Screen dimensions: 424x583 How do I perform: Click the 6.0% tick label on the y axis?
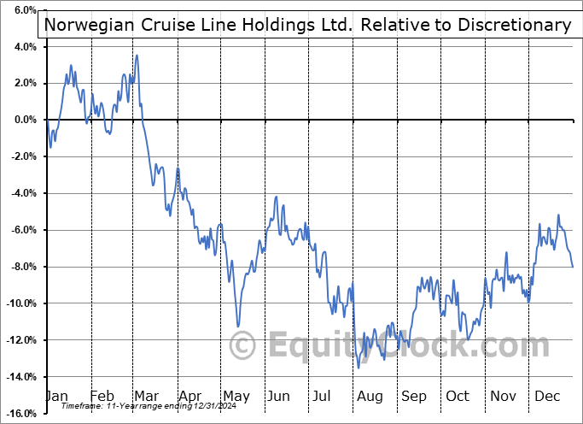[20, 10]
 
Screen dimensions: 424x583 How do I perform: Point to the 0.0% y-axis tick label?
[20, 120]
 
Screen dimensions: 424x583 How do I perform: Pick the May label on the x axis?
[236, 396]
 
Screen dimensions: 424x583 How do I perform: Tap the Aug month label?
[369, 396]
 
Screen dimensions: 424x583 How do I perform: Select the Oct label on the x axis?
[458, 396]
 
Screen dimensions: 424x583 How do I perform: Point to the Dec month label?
[546, 396]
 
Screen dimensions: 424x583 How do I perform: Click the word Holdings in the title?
[277, 25]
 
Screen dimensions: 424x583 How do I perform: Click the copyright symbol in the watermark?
[244, 346]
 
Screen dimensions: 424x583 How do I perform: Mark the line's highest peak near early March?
[137, 56]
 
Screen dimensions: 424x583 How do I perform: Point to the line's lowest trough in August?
[359, 368]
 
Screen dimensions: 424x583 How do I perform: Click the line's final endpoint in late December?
[573, 268]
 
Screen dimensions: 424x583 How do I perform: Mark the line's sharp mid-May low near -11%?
[238, 327]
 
